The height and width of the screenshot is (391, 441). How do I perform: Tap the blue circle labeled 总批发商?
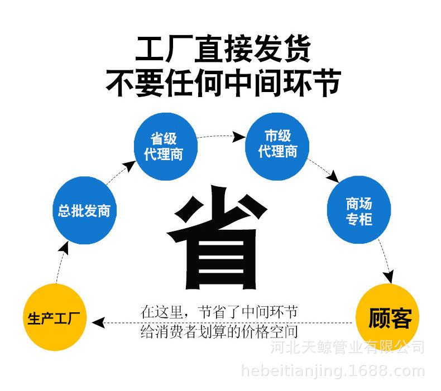[84, 210]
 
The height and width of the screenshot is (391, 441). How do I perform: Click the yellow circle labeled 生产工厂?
[55, 320]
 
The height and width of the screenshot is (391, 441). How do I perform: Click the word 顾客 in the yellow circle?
[390, 319]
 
